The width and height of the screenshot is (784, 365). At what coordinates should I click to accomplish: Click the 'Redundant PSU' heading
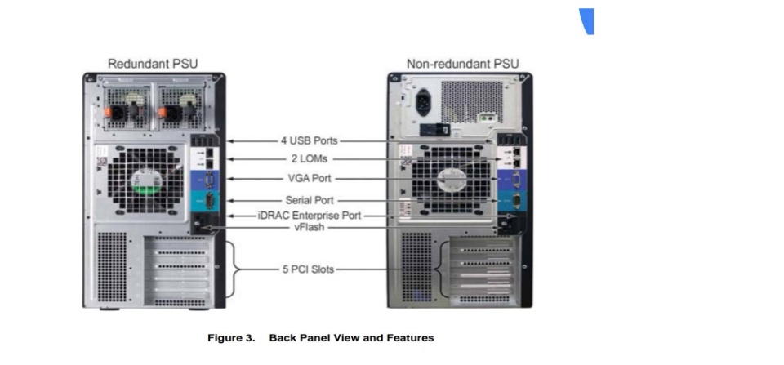point(153,64)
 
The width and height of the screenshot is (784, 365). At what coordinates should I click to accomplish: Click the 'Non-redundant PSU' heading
point(462,64)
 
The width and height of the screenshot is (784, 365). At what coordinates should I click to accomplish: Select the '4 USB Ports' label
point(310,140)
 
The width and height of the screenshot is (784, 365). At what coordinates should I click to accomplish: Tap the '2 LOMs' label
point(310,158)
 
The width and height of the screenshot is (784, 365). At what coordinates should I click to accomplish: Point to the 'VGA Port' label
point(310,178)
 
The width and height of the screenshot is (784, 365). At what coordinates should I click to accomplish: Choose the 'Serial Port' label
point(310,199)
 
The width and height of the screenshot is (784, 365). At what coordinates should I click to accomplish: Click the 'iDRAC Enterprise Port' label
point(310,216)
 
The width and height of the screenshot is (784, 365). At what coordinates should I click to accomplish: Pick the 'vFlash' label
point(310,229)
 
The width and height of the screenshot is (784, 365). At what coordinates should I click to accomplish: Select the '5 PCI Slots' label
point(310,269)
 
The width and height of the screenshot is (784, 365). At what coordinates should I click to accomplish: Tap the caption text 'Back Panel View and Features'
point(351,337)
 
